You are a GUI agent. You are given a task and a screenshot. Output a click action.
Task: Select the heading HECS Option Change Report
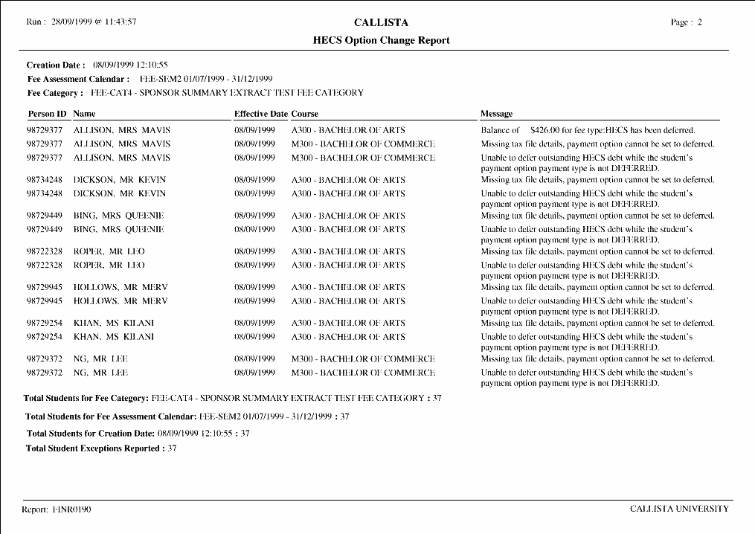[381, 40]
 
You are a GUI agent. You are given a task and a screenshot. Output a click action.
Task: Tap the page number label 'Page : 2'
[686, 22]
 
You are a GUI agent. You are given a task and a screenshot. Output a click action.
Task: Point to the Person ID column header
[47, 114]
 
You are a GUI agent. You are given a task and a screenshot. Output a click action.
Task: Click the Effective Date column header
[260, 114]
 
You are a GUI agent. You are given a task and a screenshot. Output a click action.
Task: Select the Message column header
[496, 114]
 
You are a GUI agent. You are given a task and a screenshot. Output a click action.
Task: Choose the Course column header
[305, 114]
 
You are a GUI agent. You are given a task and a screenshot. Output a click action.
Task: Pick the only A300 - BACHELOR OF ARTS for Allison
[348, 130]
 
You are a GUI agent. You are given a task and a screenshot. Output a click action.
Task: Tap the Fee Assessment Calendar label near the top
[78, 79]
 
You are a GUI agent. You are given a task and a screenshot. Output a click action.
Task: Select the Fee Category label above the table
[54, 93]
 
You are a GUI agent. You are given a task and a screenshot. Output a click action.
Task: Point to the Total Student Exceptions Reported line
[101, 448]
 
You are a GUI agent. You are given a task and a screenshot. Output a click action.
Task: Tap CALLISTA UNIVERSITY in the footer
[679, 509]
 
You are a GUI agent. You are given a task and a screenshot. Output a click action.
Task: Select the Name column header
[85, 114]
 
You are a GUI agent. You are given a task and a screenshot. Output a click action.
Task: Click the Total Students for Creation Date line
[138, 433]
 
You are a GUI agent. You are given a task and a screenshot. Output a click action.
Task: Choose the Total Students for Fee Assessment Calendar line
[187, 416]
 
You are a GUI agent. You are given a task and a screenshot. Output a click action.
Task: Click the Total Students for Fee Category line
[232, 399]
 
